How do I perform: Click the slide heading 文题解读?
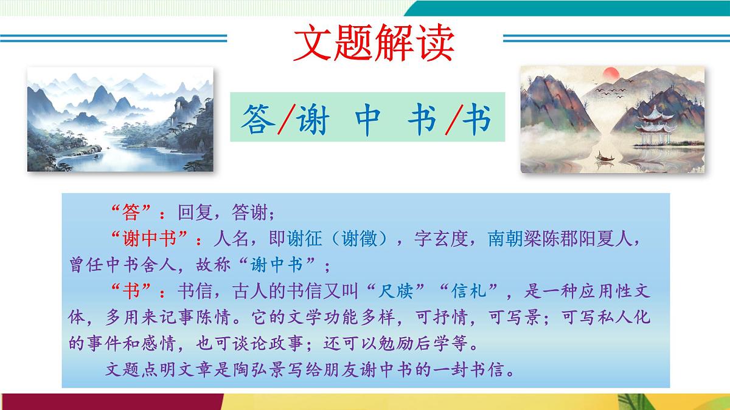[x=373, y=43]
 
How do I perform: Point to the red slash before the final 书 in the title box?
[x=451, y=120]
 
